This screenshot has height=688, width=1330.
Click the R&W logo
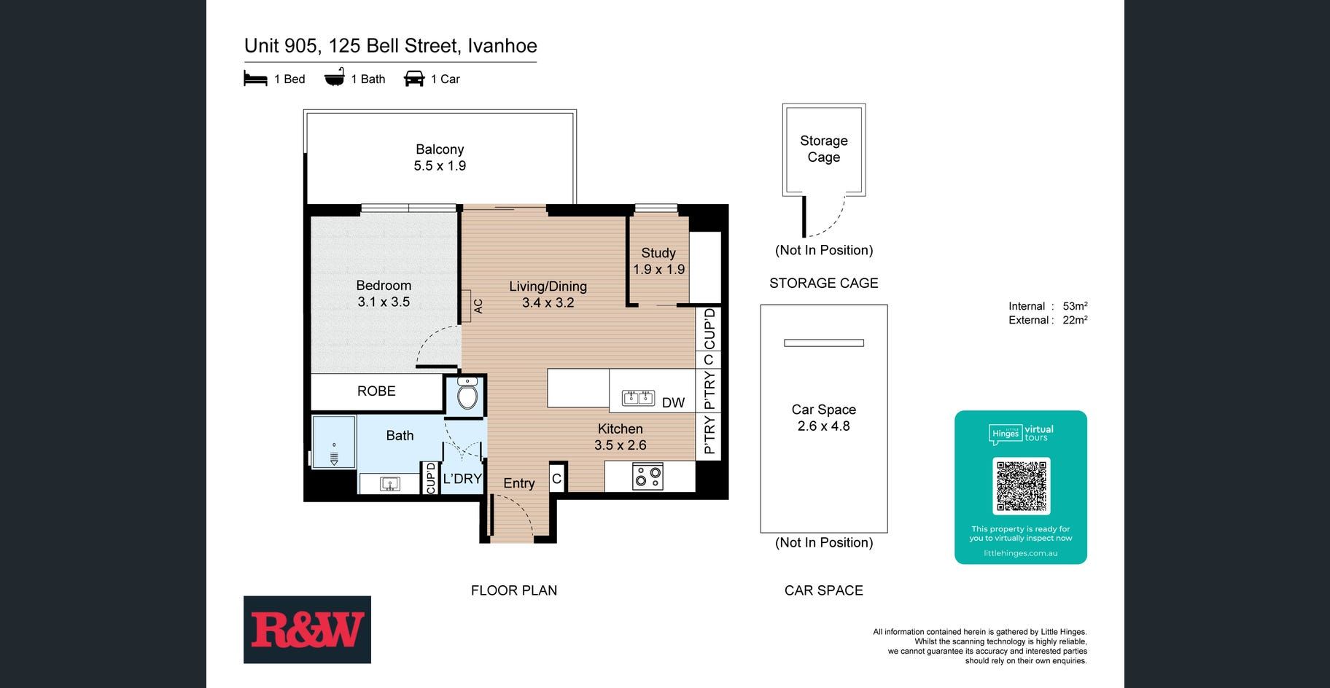click(x=307, y=630)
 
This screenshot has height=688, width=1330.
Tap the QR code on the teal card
click(x=1021, y=486)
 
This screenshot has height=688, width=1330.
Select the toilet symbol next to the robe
click(x=467, y=395)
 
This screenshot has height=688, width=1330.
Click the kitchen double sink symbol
click(x=638, y=398)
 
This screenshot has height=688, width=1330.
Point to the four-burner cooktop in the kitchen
click(x=648, y=477)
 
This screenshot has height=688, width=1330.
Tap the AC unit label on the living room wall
click(x=478, y=306)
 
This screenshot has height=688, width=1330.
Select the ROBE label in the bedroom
click(x=376, y=391)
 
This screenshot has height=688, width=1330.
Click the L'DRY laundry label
click(x=462, y=479)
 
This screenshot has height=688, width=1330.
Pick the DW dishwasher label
click(x=673, y=402)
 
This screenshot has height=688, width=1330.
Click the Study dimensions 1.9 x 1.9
click(x=658, y=270)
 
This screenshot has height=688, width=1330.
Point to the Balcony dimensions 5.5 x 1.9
click(x=440, y=166)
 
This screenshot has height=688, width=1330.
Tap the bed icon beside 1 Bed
click(x=255, y=79)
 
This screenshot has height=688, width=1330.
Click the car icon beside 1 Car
click(x=414, y=79)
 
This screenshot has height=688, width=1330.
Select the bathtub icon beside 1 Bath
click(x=334, y=78)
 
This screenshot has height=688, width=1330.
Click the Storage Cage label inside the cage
click(x=824, y=149)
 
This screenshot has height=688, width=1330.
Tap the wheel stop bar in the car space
click(x=824, y=343)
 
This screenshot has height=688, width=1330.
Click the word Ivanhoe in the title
click(x=502, y=46)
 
